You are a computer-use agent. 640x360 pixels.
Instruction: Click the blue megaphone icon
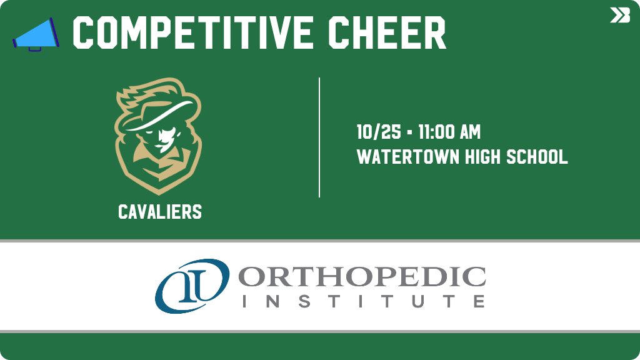(x=36, y=34)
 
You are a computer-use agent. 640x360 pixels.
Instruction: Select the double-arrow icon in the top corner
(x=619, y=16)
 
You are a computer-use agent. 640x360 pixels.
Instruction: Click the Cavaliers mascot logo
(x=158, y=135)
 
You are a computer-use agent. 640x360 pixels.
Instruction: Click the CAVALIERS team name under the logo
(x=160, y=212)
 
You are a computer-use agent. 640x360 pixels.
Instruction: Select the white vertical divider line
(x=319, y=137)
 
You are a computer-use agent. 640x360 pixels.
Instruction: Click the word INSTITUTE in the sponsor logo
(x=362, y=301)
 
